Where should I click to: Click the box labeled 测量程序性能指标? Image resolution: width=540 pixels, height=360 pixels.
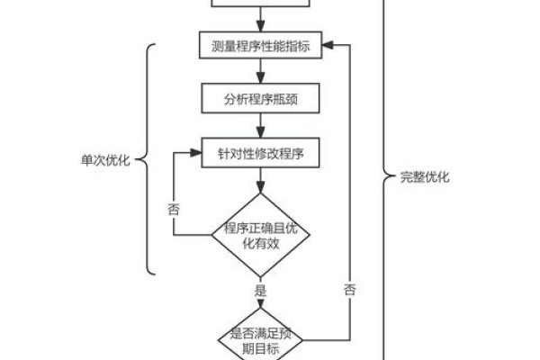[x=260, y=47]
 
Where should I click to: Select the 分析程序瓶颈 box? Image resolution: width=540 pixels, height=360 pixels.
[x=260, y=99]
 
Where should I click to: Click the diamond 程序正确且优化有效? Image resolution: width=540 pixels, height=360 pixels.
[x=260, y=236]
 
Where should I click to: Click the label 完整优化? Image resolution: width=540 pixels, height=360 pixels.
[x=424, y=177]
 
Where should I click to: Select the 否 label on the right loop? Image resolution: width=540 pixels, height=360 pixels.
[x=349, y=289]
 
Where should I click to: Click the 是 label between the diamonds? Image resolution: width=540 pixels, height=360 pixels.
[x=261, y=291]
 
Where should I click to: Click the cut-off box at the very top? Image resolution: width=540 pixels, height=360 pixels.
[x=260, y=4]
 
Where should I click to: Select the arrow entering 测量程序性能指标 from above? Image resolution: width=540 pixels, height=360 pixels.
[x=260, y=22]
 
